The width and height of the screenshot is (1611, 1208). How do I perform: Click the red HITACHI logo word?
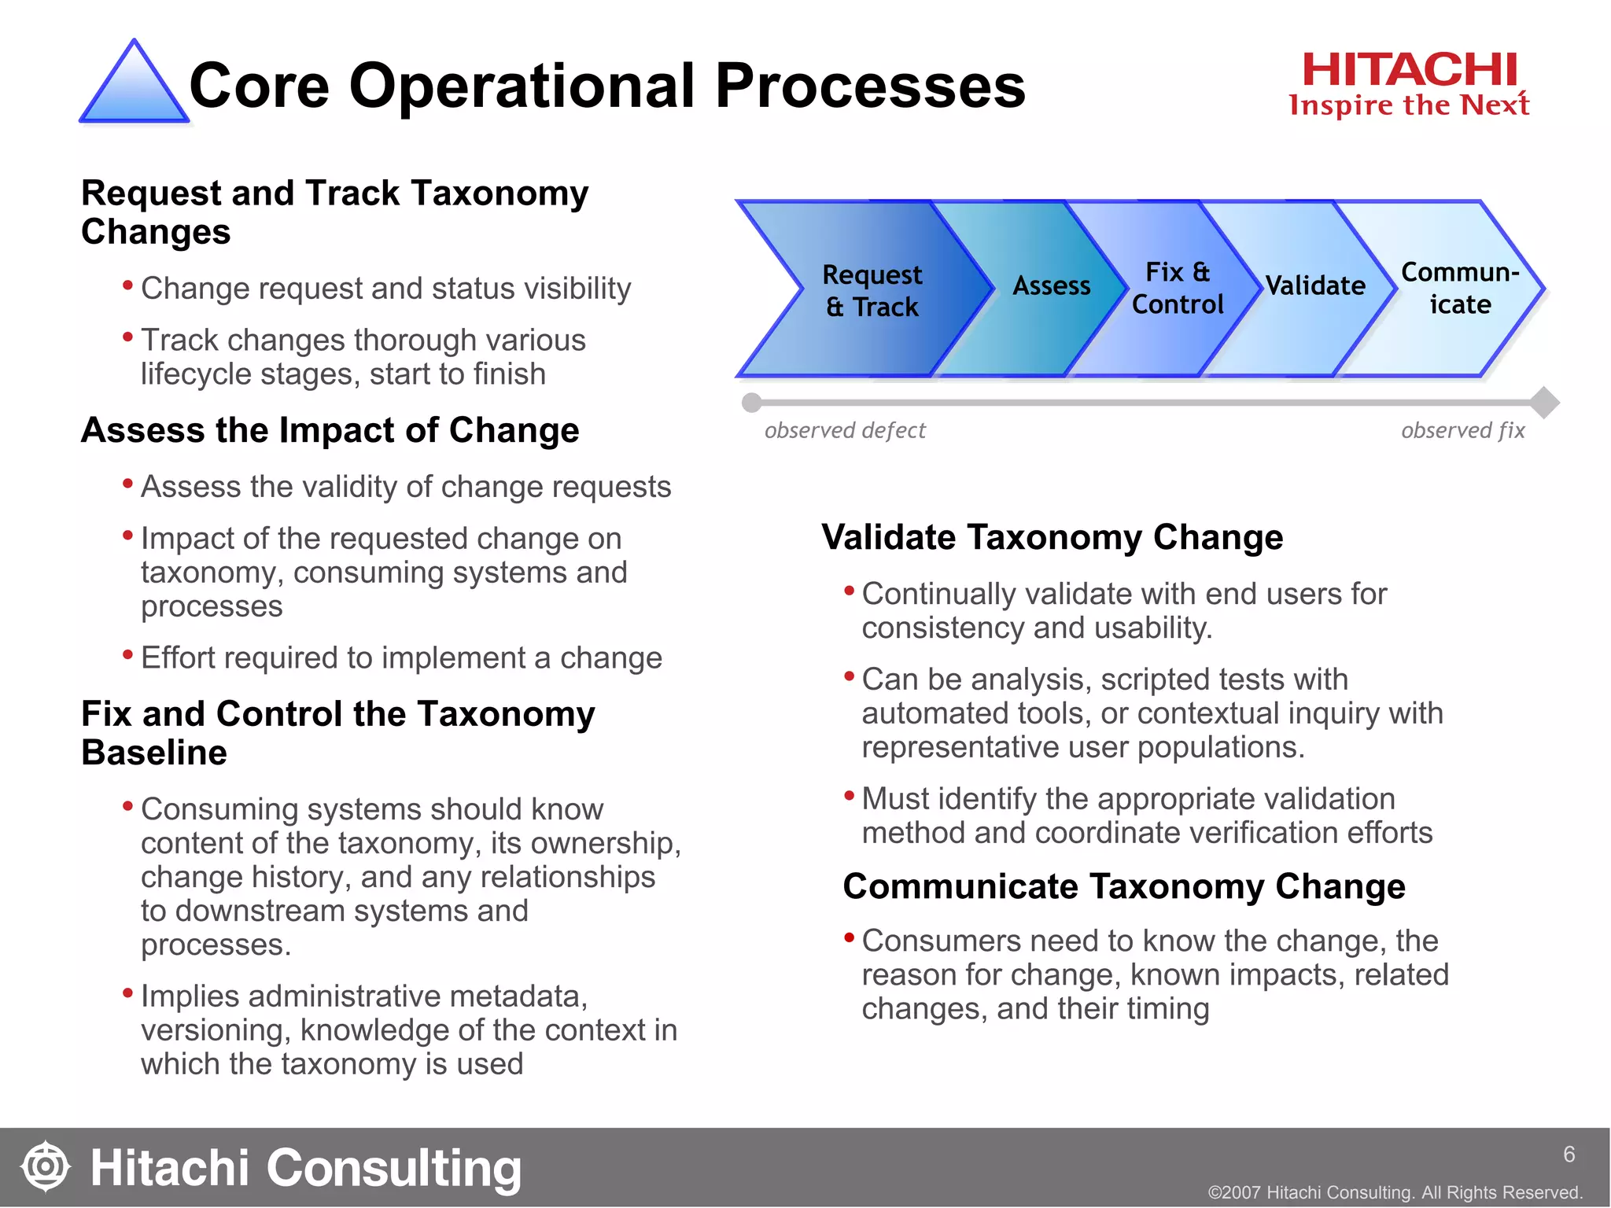1409,70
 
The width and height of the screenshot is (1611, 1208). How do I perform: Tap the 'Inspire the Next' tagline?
1409,105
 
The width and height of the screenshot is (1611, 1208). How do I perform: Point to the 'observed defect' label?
845,430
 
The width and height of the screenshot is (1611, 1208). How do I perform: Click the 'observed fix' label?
1462,430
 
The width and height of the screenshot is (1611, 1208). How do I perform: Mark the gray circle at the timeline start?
751,403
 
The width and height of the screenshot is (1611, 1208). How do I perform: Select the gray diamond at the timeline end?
1545,403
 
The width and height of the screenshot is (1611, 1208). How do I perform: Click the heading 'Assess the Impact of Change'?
330,430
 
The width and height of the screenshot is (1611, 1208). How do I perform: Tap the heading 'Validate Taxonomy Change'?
1052,537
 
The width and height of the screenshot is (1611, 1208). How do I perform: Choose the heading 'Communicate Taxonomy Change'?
1123,886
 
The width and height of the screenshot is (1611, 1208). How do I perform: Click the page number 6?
1569,1154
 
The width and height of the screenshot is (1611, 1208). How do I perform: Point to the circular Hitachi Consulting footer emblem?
46,1166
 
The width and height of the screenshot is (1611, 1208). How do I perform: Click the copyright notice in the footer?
1395,1192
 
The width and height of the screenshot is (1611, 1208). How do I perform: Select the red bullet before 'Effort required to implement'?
127,654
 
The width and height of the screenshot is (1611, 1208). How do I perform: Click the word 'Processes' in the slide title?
870,86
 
